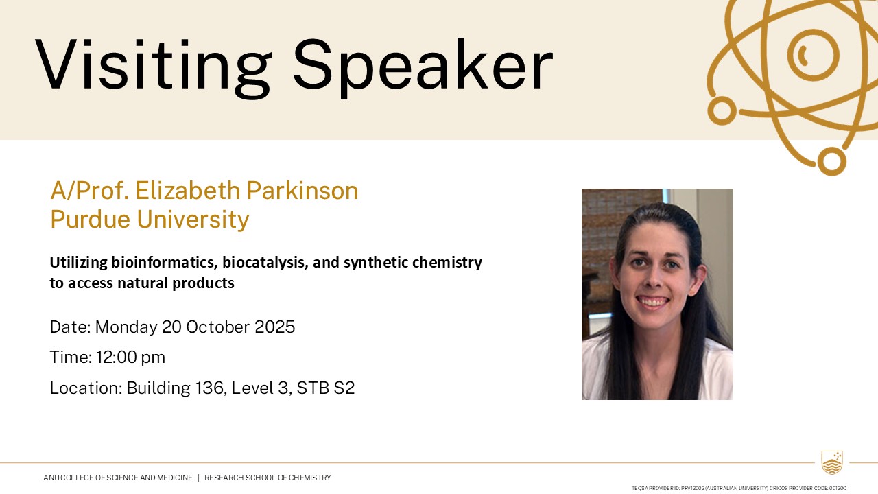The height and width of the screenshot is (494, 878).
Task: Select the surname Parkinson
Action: tap(302, 191)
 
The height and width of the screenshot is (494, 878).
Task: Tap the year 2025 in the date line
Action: tap(275, 327)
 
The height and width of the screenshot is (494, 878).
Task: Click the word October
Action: tap(217, 327)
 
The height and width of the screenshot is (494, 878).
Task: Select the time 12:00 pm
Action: tap(130, 357)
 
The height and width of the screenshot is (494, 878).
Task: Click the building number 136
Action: tap(211, 388)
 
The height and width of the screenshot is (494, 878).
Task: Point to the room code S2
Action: tap(344, 388)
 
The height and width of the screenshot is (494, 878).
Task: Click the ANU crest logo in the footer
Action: tap(832, 462)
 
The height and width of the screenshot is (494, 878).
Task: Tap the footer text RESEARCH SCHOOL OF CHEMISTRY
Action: tap(268, 478)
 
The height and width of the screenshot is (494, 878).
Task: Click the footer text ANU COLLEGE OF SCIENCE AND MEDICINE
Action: tap(118, 478)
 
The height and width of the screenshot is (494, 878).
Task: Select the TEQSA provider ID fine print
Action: tap(739, 488)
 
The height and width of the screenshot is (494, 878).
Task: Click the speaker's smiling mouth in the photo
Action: tap(652, 301)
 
